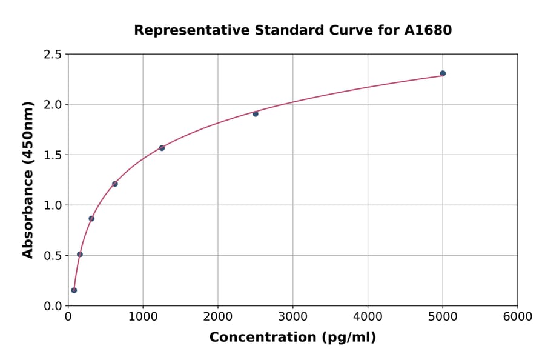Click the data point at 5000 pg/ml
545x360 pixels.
coord(443,73)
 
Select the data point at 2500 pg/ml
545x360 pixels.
coord(256,114)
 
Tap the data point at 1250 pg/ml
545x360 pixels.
coord(162,148)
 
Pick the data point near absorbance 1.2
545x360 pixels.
coord(115,184)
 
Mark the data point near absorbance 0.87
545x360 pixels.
coord(91,218)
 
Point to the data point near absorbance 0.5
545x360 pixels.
coord(80,255)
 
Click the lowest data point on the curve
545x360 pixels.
coord(74,290)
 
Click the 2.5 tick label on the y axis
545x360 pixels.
coord(52,55)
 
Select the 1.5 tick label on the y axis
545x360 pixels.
coord(52,155)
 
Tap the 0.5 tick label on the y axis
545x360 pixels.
coord(52,256)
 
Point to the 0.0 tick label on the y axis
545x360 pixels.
coord(52,306)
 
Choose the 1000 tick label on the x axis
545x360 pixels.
coord(143,317)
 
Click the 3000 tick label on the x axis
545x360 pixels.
coord(293,317)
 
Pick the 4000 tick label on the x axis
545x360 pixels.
coord(368,317)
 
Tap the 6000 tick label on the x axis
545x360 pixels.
coord(518,317)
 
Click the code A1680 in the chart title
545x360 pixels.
coord(428,30)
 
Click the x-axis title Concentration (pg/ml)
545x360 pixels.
coord(292,338)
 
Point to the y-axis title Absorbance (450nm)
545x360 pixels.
coord(28,180)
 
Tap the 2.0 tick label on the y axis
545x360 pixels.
coord(52,105)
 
